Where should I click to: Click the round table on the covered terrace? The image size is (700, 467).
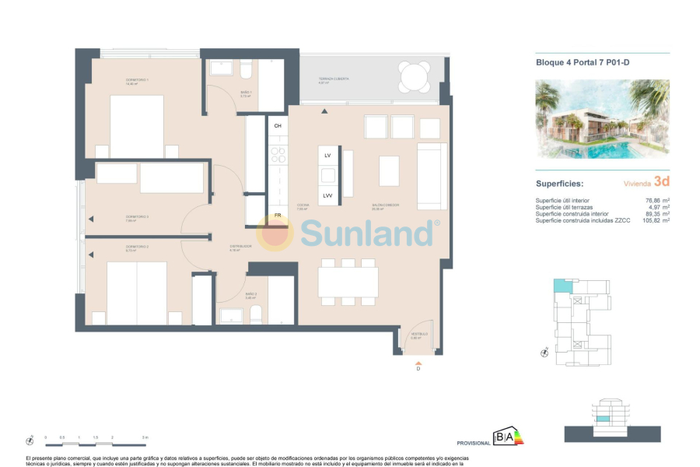(414, 76)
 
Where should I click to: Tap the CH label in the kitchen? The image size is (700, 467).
(278, 125)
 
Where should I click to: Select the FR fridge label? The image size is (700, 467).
(278, 215)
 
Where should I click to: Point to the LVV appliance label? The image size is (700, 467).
(328, 195)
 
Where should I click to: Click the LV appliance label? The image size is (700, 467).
(328, 156)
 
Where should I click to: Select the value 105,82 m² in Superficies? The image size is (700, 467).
(656, 221)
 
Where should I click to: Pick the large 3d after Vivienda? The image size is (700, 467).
(662, 181)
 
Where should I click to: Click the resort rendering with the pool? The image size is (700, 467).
(603, 118)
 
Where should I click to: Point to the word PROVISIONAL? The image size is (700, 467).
(474, 443)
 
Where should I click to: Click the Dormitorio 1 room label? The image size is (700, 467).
(137, 80)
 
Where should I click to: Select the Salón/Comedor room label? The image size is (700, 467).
(385, 205)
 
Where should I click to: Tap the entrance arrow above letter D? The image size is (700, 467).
(418, 363)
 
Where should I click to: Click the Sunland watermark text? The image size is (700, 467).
(366, 233)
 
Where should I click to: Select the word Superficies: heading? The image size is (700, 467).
(559, 184)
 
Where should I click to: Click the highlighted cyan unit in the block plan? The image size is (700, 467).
(561, 286)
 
